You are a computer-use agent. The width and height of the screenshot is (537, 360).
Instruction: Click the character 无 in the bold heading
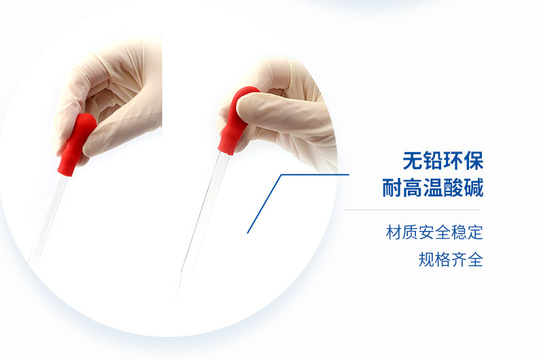click(413, 161)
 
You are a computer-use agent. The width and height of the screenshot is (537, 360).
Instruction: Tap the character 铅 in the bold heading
click(433, 161)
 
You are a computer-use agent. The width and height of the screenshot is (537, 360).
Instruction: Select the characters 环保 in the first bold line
click(464, 161)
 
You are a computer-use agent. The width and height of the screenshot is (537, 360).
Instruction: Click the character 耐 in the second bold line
click(392, 187)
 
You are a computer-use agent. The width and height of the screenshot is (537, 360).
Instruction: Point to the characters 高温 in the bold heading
click(423, 187)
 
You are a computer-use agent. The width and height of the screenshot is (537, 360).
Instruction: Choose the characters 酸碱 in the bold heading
click(464, 187)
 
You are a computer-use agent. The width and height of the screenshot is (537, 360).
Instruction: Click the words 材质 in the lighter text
click(402, 232)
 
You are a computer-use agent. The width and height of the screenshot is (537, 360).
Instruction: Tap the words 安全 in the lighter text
click(434, 232)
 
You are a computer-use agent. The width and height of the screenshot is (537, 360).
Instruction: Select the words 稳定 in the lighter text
click(467, 232)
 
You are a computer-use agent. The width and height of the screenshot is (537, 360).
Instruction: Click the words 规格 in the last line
click(434, 259)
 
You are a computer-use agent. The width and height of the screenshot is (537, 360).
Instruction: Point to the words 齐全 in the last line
click(467, 259)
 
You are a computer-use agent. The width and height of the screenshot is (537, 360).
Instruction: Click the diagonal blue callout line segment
click(264, 204)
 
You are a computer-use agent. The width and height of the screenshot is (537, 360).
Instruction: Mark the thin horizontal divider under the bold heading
click(411, 210)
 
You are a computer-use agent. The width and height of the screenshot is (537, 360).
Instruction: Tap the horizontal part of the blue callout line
click(315, 175)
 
